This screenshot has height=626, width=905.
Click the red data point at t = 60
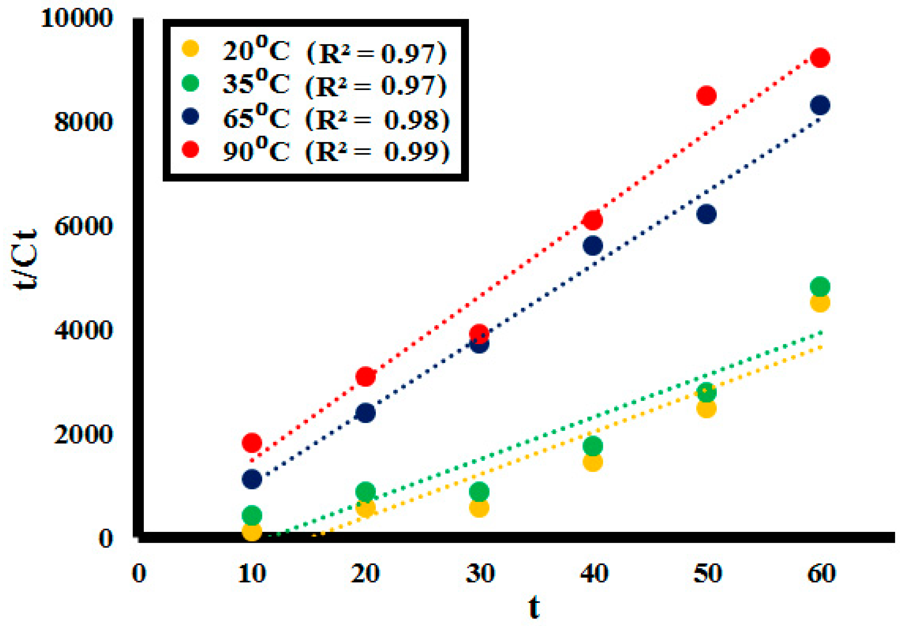(820, 58)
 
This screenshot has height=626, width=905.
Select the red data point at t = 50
(706, 96)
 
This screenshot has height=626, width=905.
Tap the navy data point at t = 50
(706, 214)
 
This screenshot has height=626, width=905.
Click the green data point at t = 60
(820, 286)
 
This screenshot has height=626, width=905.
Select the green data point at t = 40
(592, 446)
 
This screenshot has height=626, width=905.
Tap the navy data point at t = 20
(365, 413)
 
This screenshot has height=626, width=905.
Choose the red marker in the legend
(191, 149)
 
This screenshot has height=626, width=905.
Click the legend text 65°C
(256, 117)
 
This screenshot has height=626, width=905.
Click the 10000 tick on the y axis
(77, 18)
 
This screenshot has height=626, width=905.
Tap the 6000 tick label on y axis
(83, 226)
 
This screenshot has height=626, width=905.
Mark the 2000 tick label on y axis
(83, 435)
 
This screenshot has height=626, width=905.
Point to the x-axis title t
(534, 607)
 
